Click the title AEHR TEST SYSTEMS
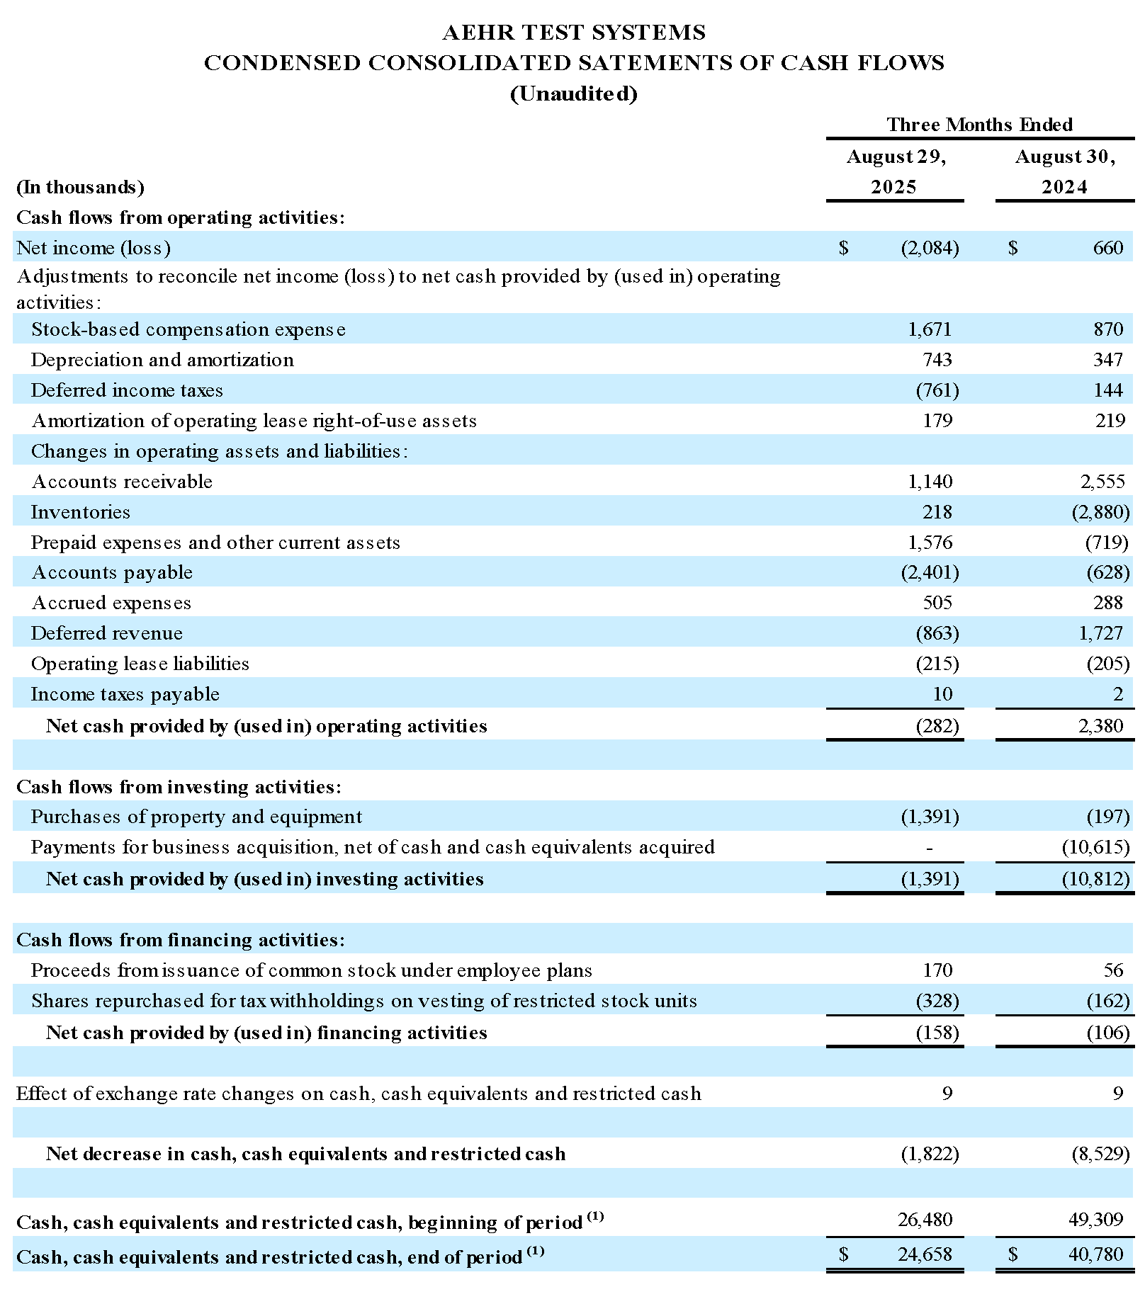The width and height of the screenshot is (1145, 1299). tap(573, 33)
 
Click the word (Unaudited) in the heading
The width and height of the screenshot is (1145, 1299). tap(573, 93)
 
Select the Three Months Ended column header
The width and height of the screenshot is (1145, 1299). tap(979, 125)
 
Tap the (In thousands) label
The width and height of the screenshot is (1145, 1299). tap(80, 187)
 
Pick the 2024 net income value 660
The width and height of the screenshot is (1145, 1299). tap(1107, 247)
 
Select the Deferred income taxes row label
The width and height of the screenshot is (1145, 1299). tap(127, 390)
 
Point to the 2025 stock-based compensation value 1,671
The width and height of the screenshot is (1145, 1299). tap(930, 329)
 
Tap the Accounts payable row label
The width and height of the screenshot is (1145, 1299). tap(112, 572)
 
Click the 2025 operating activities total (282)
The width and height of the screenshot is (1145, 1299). tap(937, 726)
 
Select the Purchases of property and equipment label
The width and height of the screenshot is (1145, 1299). tap(196, 817)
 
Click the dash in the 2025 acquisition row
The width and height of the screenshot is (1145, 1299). tap(929, 848)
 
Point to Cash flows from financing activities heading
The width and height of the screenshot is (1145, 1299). tap(181, 940)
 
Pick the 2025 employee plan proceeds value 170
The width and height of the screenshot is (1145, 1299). tap(938, 970)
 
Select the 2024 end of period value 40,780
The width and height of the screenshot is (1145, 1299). tap(1095, 1254)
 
